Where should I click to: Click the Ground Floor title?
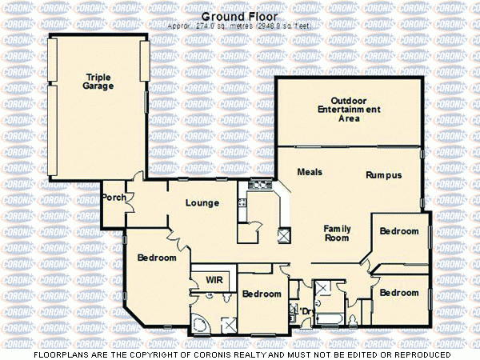(239, 15)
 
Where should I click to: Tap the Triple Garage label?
(98, 82)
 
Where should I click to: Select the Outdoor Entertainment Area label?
(349, 113)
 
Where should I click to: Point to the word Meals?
(310, 172)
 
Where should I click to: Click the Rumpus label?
(383, 175)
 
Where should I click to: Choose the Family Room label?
(337, 233)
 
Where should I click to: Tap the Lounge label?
(202, 202)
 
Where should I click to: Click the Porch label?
(114, 198)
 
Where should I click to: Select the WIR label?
(214, 280)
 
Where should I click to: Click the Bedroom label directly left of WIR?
(157, 258)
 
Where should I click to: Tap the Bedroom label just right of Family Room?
(399, 231)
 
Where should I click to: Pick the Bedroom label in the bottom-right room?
(399, 293)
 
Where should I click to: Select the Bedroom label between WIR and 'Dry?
(262, 294)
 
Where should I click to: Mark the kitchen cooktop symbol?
(260, 185)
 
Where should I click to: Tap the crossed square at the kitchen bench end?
(284, 235)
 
